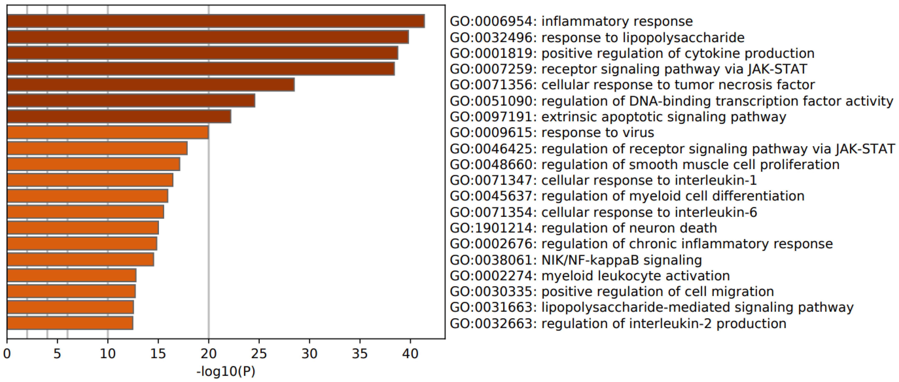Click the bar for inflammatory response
click(x=216, y=21)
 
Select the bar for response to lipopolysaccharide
click(x=208, y=37)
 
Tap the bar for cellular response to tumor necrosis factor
click(x=150, y=85)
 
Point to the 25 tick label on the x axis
click(x=259, y=354)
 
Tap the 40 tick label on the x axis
click(x=410, y=354)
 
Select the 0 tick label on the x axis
click(x=7, y=354)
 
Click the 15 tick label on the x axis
click(x=158, y=354)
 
